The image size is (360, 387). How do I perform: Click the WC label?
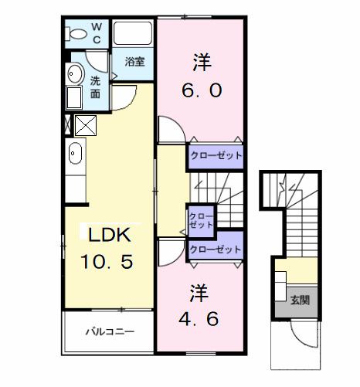pyautogui.click(x=97, y=34)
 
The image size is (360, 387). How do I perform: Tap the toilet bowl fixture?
pyautogui.click(x=78, y=34)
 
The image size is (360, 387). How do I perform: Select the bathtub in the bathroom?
pyautogui.click(x=134, y=34)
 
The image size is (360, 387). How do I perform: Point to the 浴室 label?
pyautogui.click(x=134, y=62)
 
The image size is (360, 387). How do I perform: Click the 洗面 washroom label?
pyautogui.click(x=95, y=87)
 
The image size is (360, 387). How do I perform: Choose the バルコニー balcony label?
pyautogui.click(x=110, y=332)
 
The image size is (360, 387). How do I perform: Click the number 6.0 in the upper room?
pyautogui.click(x=202, y=90)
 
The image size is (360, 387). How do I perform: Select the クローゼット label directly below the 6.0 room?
pyautogui.click(x=216, y=156)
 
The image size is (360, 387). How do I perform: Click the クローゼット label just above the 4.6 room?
pyautogui.click(x=216, y=250)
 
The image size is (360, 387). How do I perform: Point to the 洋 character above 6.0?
pyautogui.click(x=202, y=59)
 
